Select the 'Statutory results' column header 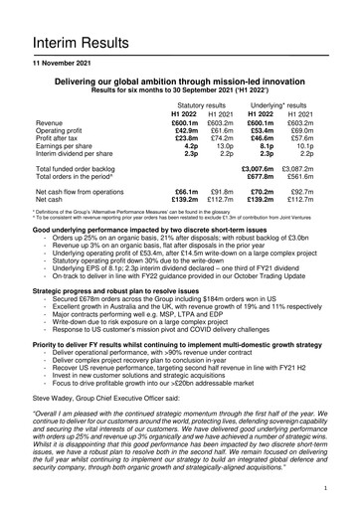(204, 103)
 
